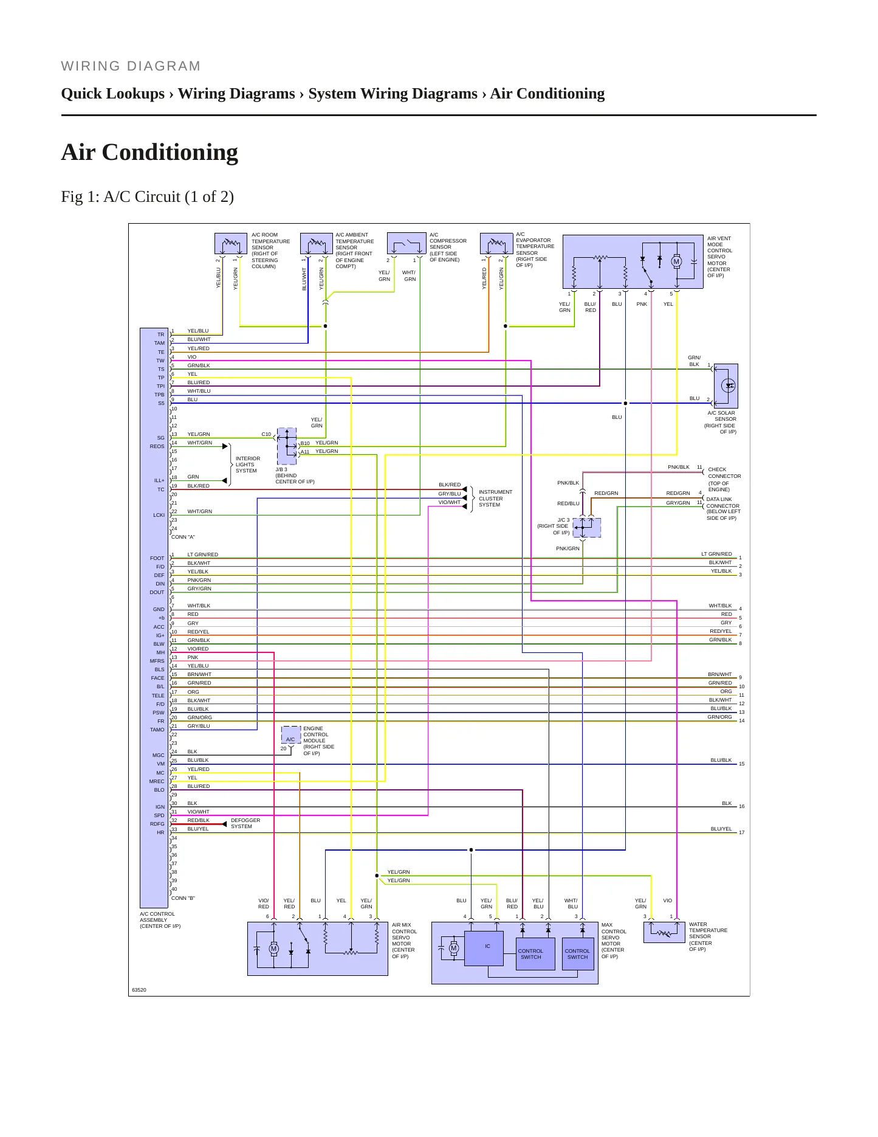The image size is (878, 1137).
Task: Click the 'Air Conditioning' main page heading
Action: (149, 152)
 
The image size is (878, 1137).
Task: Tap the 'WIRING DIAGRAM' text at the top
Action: (131, 66)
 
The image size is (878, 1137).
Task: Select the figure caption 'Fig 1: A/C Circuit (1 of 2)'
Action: (148, 196)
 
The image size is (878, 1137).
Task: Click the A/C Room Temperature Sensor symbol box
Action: (231, 243)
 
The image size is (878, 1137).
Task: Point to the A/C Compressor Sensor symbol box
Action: (406, 243)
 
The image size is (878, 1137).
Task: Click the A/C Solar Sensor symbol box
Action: (725, 386)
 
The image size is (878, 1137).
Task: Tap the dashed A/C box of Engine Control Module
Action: (291, 735)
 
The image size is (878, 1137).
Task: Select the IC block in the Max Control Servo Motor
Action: (484, 949)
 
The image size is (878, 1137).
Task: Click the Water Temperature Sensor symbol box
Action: (664, 932)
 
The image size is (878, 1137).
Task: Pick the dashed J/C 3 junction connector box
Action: (587, 528)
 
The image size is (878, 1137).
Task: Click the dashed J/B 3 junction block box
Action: (287, 446)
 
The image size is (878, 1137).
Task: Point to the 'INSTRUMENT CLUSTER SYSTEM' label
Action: (495, 499)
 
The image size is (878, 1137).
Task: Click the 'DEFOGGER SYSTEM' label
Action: (245, 823)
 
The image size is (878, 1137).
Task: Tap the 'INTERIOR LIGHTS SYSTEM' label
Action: (248, 465)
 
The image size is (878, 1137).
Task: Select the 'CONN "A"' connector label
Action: (183, 537)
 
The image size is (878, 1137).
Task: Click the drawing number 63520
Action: (139, 990)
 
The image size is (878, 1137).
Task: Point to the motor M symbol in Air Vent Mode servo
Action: (676, 261)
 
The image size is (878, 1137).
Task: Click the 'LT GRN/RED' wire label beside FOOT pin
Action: (202, 555)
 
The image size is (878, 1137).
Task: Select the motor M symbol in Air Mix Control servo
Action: (273, 949)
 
